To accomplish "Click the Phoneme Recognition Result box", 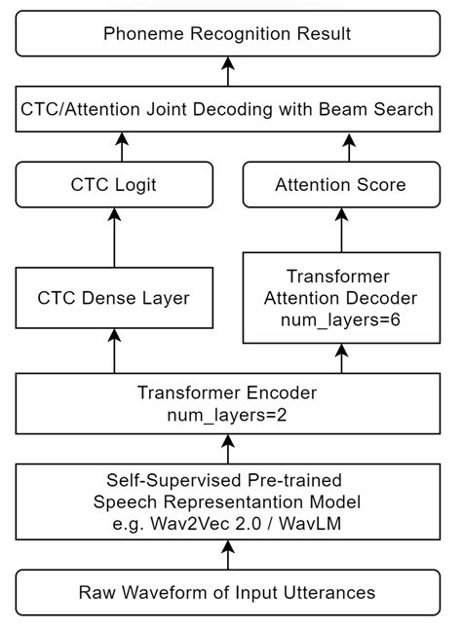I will point(228,34).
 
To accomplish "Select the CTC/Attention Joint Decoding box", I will point(228,109).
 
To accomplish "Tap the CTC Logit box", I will point(114,184).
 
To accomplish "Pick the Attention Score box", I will point(341,184).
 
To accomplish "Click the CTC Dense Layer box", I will point(114,299).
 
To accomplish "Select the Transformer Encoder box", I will point(228,404).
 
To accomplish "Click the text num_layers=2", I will point(228,416).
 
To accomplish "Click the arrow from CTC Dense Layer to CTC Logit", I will point(114,239).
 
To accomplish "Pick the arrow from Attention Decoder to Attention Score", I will point(341,229).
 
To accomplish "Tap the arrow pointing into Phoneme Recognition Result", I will point(228,71).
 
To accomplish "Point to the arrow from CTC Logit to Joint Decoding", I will point(123,147).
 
